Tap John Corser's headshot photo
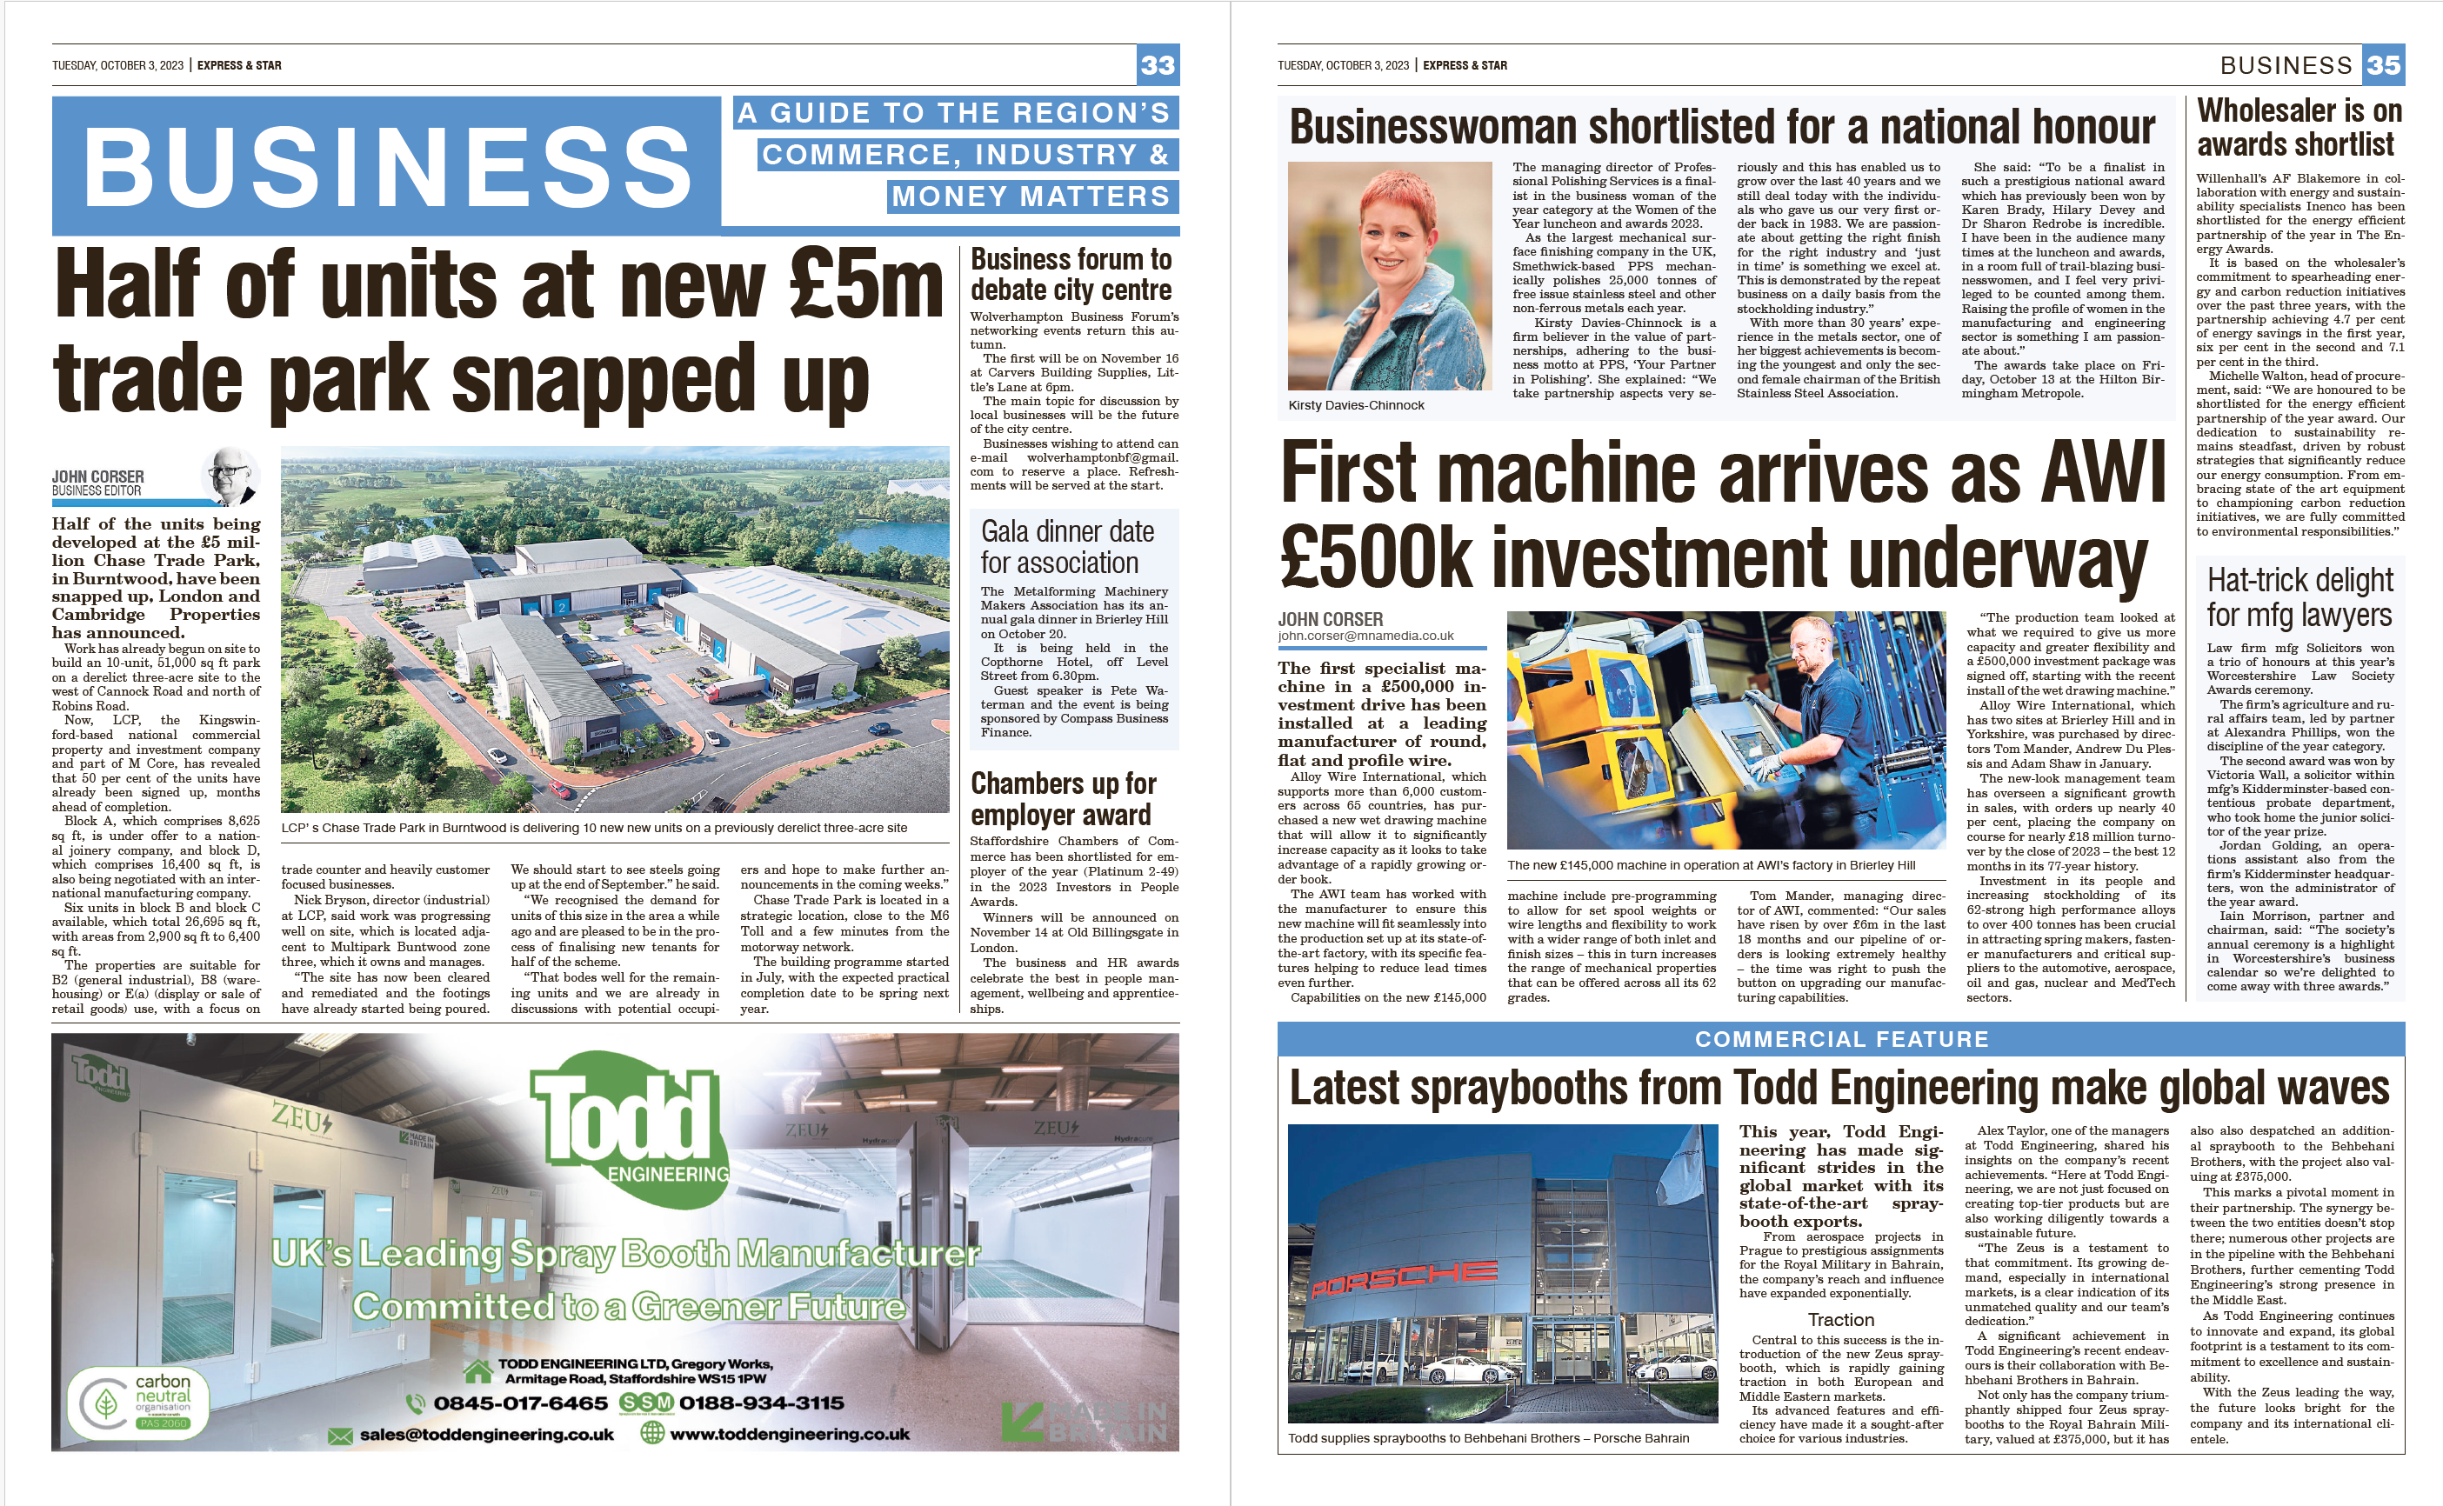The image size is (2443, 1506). (x=232, y=476)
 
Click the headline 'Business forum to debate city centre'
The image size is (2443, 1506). (x=1071, y=274)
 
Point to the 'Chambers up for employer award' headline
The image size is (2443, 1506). (x=1063, y=799)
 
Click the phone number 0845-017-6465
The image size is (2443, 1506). (x=520, y=1403)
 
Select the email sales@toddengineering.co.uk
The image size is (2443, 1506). (x=486, y=1435)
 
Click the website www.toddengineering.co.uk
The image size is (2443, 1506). (x=789, y=1435)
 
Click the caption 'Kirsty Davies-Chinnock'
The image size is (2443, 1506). (x=1356, y=405)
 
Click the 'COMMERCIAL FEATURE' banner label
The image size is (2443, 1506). (x=1840, y=1039)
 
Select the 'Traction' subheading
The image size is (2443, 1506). (x=1840, y=1320)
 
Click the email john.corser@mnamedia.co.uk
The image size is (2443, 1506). (x=1365, y=636)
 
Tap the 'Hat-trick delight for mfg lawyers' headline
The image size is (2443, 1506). (x=2299, y=596)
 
